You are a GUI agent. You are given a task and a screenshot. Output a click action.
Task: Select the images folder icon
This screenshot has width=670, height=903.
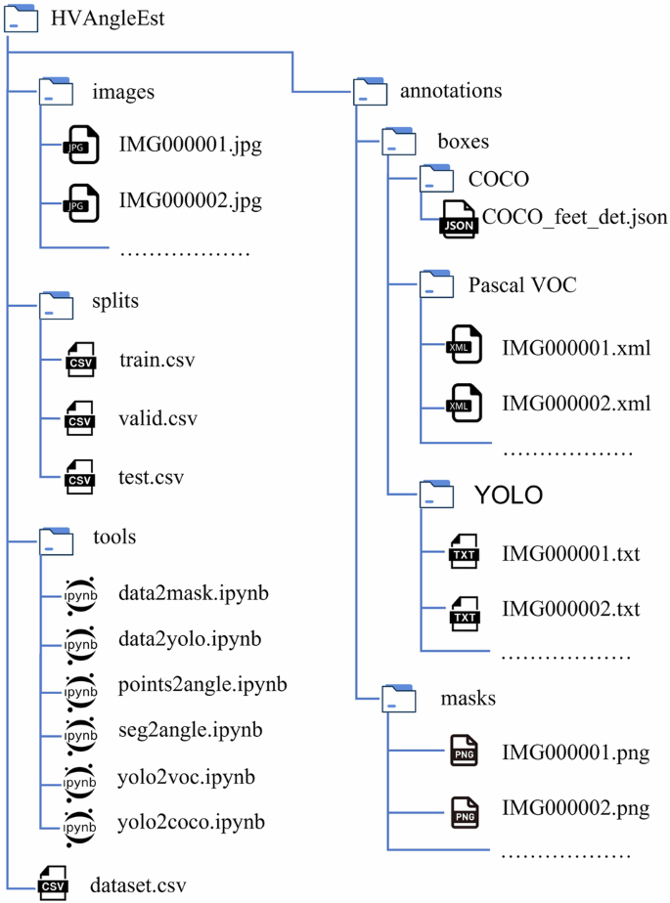pos(56,92)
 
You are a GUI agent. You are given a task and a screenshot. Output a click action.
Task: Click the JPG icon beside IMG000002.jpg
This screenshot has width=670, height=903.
pos(77,202)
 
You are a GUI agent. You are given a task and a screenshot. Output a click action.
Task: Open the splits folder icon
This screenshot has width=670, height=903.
pos(56,302)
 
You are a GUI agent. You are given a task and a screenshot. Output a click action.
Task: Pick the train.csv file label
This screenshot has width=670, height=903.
pos(156,360)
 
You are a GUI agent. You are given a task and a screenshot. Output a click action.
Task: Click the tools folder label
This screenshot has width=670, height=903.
pos(113,537)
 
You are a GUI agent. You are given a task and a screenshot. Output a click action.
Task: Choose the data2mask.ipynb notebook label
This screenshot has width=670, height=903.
pos(194,593)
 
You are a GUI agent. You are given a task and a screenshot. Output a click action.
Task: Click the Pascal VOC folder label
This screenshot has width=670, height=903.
pos(522,286)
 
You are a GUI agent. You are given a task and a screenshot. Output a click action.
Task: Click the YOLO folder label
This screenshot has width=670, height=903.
pos(508,494)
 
